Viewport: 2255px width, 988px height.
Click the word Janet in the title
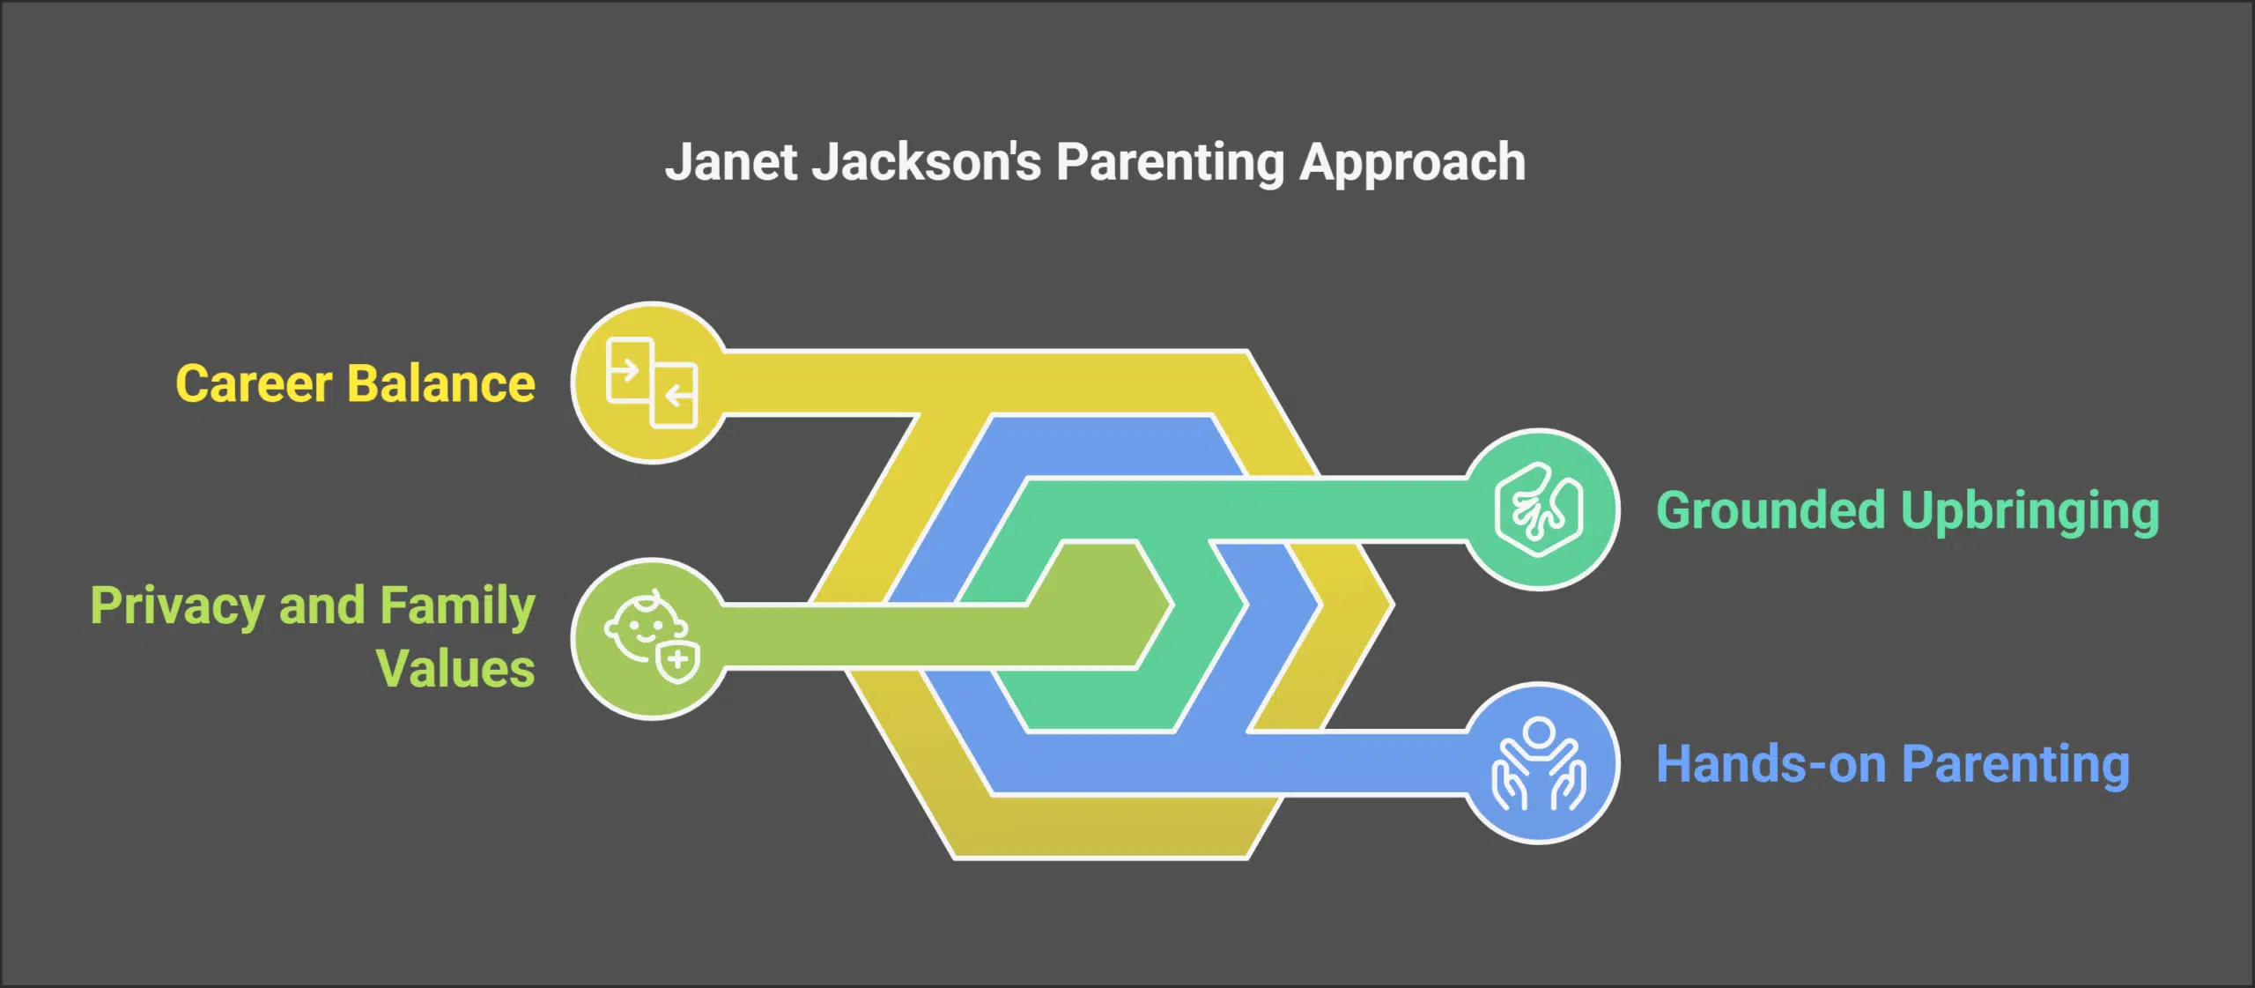pos(731,163)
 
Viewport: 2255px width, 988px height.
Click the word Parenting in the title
pos(1170,163)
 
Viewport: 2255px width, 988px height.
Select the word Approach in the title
pos(1412,163)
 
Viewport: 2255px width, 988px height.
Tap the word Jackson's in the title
pos(927,163)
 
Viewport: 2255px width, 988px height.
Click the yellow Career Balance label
pos(355,383)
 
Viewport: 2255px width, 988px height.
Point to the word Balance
pos(441,383)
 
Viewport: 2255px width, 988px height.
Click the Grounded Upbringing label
pos(1907,511)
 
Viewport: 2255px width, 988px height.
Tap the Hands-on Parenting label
pos(1892,764)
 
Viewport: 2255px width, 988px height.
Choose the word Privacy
pos(177,606)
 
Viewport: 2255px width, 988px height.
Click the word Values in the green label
pos(455,668)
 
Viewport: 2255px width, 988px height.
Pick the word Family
pos(458,606)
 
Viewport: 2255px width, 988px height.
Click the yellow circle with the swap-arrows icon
pos(652,383)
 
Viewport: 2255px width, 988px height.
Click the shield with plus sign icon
pos(678,661)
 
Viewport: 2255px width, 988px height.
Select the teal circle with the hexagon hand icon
pos(1539,509)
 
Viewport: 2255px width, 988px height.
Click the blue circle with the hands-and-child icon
pos(1539,763)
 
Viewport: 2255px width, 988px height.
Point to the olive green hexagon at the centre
pos(1101,605)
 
